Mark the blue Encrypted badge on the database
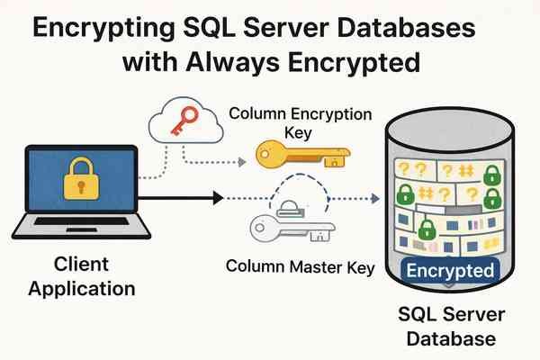(448, 270)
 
